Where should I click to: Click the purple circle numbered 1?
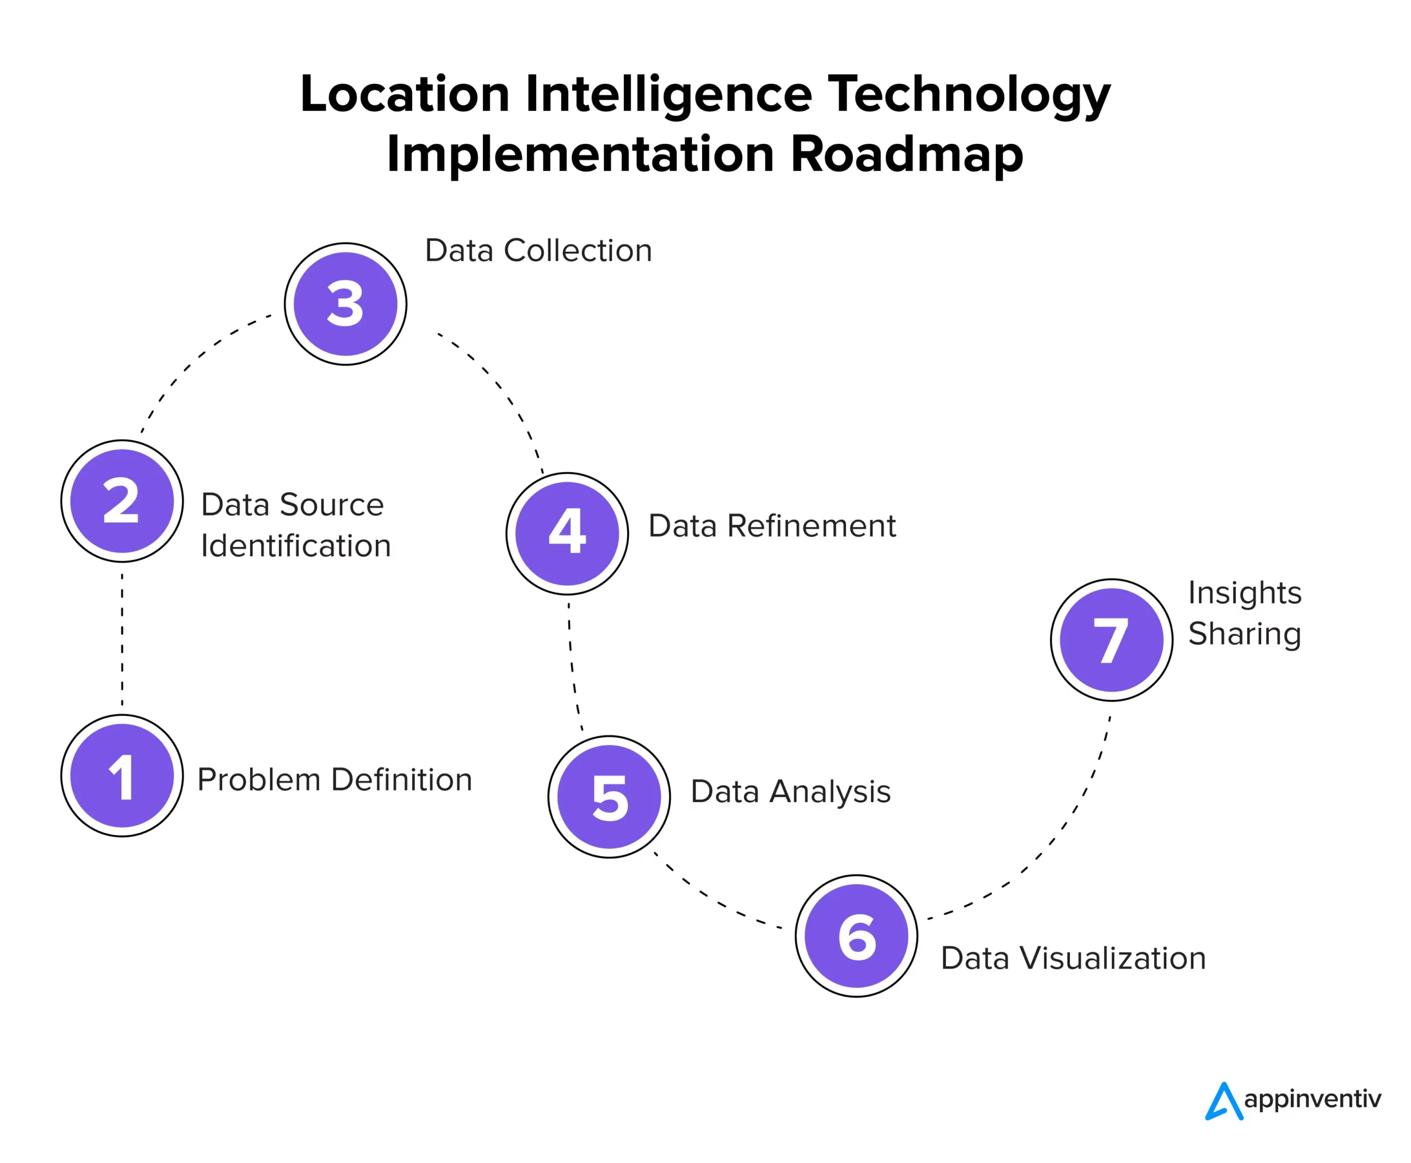[121, 775]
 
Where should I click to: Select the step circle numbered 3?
[344, 304]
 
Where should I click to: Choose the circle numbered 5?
[608, 796]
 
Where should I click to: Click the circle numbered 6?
[856, 935]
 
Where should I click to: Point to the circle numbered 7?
[1111, 639]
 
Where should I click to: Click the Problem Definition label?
[335, 779]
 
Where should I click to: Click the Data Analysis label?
[790, 791]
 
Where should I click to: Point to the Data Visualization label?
[1073, 958]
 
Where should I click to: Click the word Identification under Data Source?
[295, 545]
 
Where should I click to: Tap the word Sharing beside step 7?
[1244, 633]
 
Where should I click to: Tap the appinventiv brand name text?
[1312, 1099]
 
